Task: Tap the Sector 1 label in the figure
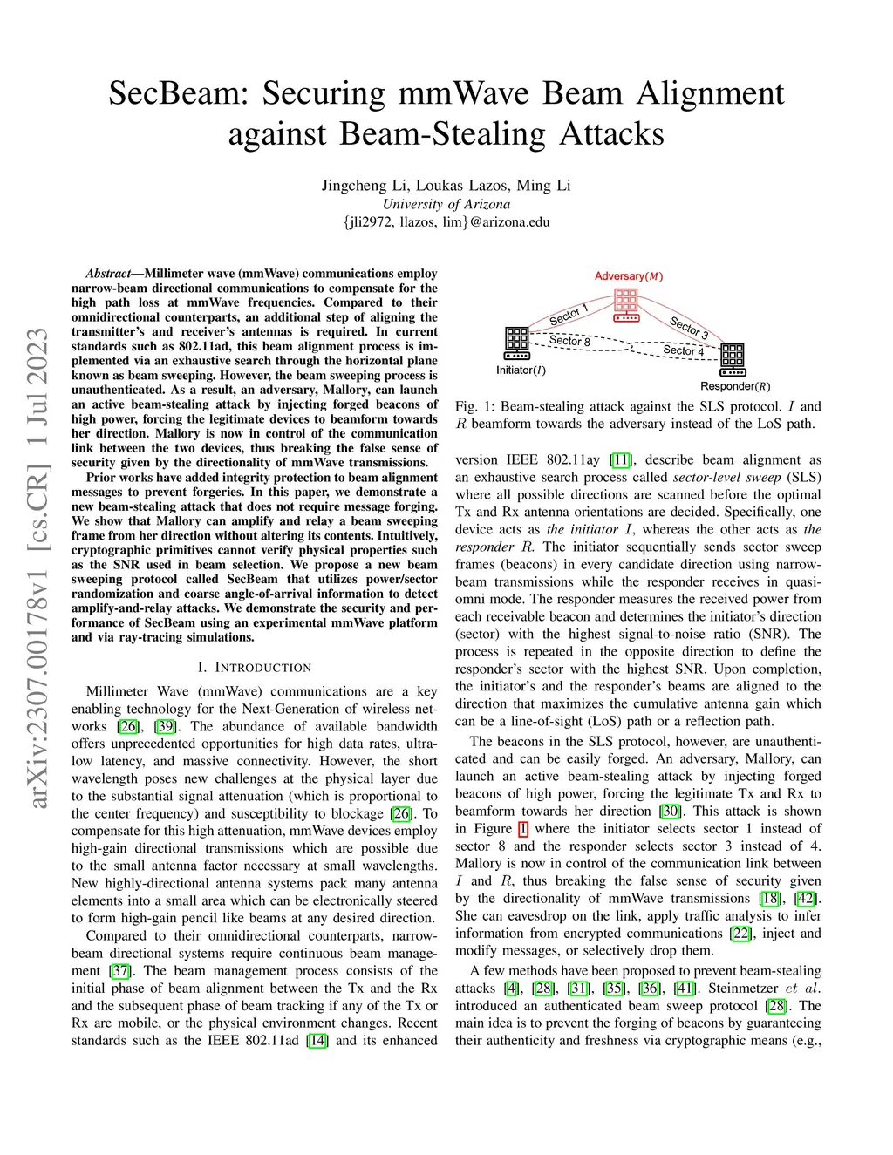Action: tap(569, 315)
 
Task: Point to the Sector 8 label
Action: tap(569, 341)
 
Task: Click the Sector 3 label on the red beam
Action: tap(689, 328)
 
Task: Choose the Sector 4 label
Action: tap(683, 350)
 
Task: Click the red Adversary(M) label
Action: tap(629, 276)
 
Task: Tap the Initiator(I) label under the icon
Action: tap(521, 370)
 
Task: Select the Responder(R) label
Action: tap(735, 386)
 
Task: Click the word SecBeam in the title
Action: tap(180, 93)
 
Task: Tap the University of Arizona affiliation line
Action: tap(446, 204)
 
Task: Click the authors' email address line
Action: tap(446, 221)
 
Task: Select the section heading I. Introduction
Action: tap(254, 668)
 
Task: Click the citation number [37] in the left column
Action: tap(119, 970)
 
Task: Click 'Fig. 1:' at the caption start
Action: tap(475, 406)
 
